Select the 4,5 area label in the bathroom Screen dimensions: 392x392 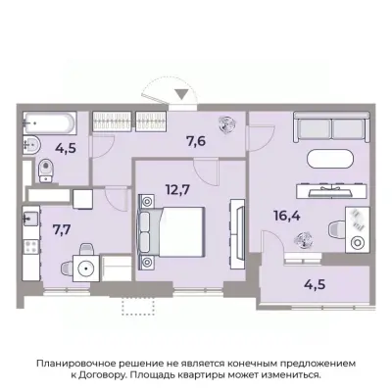[x=67, y=150]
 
